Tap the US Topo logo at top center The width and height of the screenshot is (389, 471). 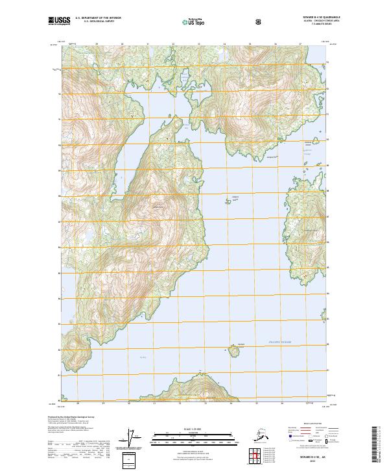click(x=196, y=21)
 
